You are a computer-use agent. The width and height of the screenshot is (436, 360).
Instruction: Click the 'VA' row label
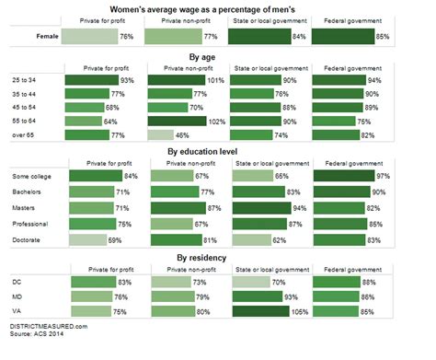pos(15,310)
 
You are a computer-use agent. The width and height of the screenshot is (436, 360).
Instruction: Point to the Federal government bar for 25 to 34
pos(350,79)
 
